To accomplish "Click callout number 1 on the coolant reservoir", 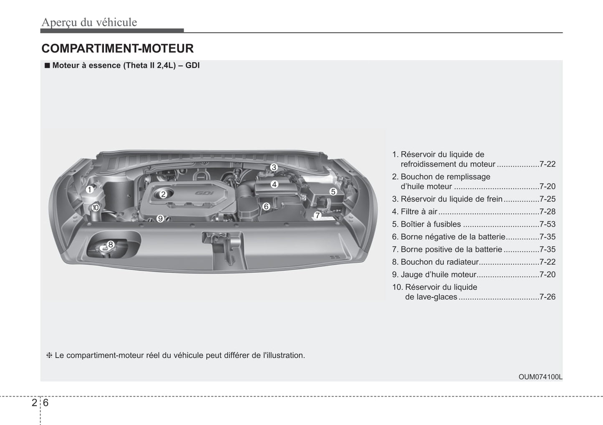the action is [x=90, y=190].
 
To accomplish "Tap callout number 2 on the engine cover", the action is [x=163, y=194].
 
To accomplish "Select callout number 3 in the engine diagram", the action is [x=274, y=167].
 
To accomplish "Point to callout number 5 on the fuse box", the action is [x=333, y=191].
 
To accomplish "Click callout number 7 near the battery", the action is [x=318, y=215].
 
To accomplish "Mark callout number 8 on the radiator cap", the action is [x=111, y=244].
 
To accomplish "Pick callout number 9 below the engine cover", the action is [x=160, y=219].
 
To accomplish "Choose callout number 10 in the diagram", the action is [x=96, y=207].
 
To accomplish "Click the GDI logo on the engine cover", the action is [x=204, y=193].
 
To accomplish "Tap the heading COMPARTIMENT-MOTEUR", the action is [x=118, y=48].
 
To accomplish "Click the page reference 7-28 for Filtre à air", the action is [x=547, y=211].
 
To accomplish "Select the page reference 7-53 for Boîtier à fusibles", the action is [x=547, y=224].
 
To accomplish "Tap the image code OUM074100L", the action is [x=540, y=377].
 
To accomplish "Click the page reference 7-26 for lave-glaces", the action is [x=547, y=297].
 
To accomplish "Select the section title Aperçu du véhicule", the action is [x=89, y=22].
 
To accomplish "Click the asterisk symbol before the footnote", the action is [x=49, y=355].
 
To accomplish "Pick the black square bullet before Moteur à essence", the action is [x=48, y=65].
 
